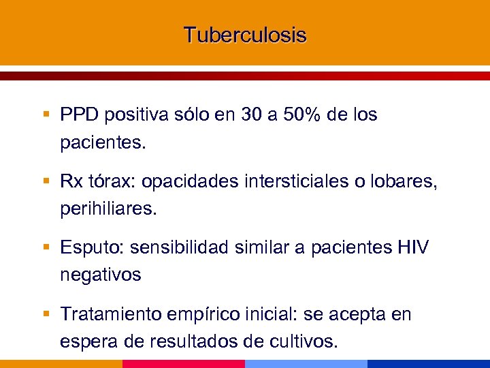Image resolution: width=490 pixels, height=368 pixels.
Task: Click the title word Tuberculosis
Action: pyautogui.click(x=245, y=35)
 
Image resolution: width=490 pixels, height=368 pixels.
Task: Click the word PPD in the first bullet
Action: pyautogui.click(x=80, y=115)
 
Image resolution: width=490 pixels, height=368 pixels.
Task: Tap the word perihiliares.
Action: pyautogui.click(x=108, y=209)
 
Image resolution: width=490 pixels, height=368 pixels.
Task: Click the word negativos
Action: pyautogui.click(x=101, y=275)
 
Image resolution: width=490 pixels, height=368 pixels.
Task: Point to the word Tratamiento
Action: pyautogui.click(x=110, y=314)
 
